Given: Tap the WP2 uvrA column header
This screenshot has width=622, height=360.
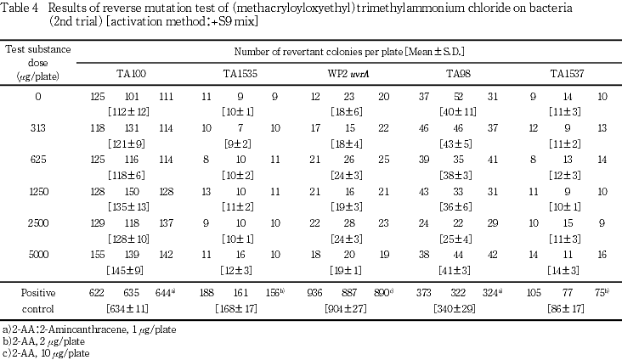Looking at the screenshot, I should tap(348, 75).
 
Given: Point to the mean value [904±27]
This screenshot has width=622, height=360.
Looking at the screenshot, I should tap(350, 306).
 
